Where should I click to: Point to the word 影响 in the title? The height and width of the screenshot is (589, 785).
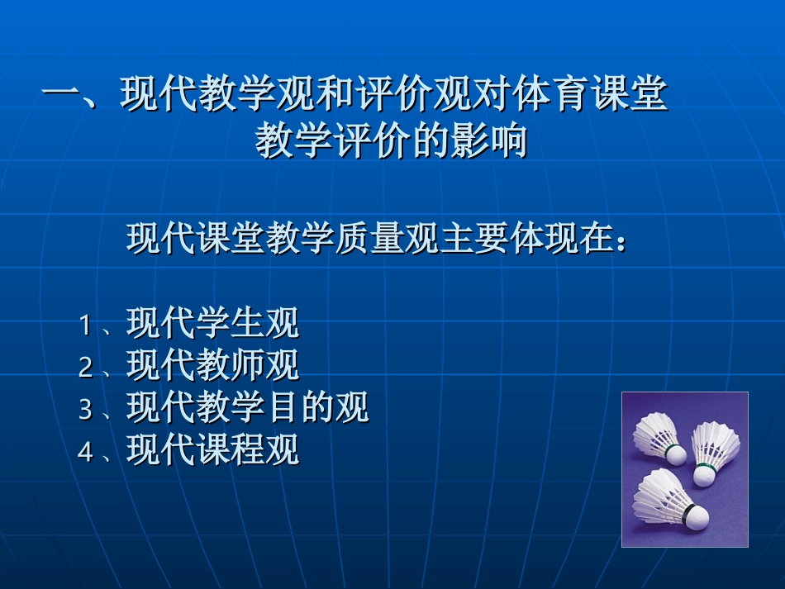[494, 142]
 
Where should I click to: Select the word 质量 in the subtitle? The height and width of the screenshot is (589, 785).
[387, 239]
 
